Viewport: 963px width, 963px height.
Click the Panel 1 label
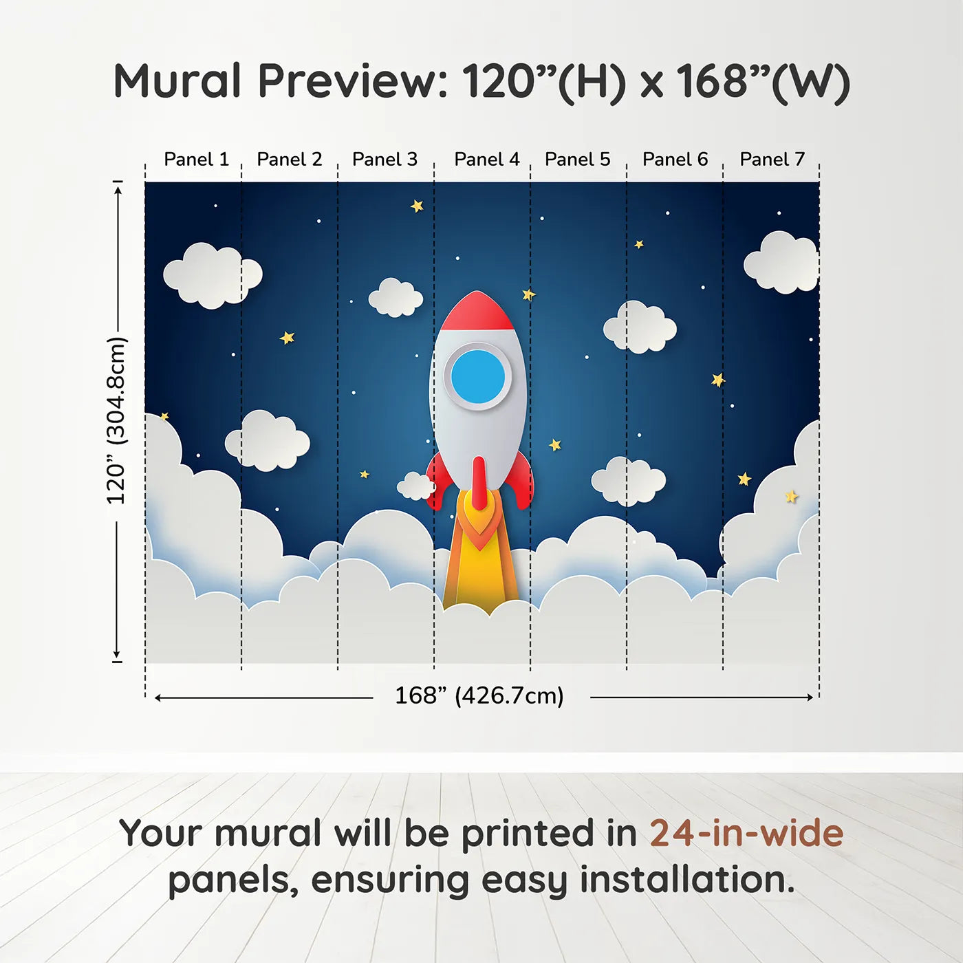pos(196,160)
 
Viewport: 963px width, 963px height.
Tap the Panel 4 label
pos(486,160)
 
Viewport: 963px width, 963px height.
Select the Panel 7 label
pos(772,160)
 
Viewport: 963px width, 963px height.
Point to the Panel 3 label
pos(385,160)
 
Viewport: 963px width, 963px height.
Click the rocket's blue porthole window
pos(478,376)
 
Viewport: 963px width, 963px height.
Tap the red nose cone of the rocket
pos(477,312)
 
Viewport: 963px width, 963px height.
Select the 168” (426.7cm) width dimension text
pos(479,696)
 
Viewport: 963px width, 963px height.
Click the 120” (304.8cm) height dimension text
pos(116,421)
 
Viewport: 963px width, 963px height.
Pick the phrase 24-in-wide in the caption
pos(746,833)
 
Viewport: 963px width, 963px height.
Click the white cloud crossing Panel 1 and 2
pos(213,274)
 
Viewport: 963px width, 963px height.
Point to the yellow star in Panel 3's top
pos(417,206)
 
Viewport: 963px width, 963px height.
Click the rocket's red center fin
pos(479,481)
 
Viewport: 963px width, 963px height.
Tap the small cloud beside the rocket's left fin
pos(415,486)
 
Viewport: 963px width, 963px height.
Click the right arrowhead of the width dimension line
pos(810,697)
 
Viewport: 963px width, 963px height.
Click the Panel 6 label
pos(675,160)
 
